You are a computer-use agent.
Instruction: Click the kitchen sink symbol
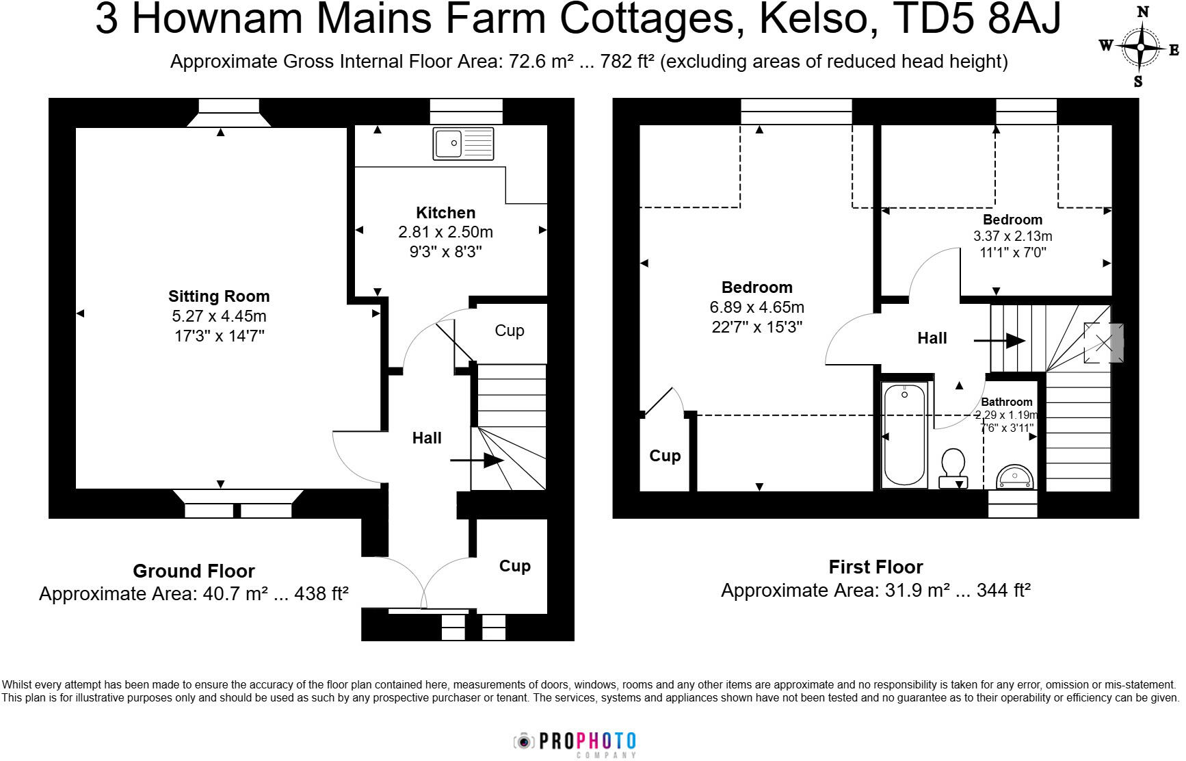click(463, 144)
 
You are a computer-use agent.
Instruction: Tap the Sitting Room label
click(219, 296)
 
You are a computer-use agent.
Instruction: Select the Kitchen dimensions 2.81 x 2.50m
click(445, 232)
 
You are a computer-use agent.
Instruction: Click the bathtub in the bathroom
click(904, 435)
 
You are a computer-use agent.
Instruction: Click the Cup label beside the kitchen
click(510, 331)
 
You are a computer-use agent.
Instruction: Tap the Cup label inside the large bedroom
click(665, 456)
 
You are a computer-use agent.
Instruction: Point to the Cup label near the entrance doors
click(514, 566)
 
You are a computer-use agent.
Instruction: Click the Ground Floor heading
click(194, 571)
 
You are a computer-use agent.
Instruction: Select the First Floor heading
click(875, 567)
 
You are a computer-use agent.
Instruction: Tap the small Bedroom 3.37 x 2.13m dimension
click(1012, 236)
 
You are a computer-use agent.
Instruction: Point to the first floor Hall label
click(932, 338)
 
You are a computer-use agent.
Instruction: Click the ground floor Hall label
click(427, 438)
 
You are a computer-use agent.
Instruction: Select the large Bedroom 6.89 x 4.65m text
click(756, 307)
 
